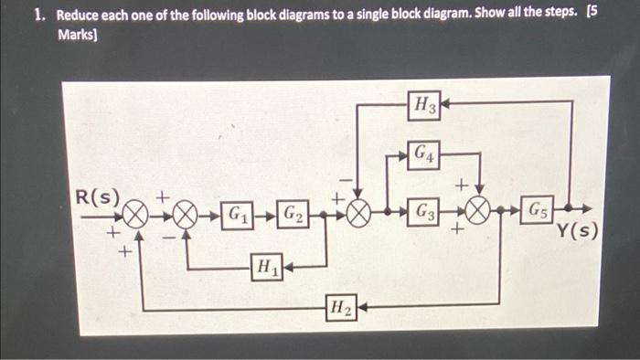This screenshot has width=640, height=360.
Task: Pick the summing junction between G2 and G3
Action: click(359, 215)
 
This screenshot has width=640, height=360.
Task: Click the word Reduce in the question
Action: click(81, 16)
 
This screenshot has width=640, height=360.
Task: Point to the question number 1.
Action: click(37, 16)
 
